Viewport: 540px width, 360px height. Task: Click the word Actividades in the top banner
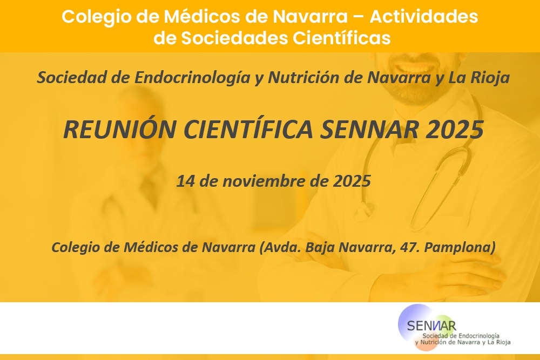(423, 16)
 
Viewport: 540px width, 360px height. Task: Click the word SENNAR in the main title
(369, 130)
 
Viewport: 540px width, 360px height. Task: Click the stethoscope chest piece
(366, 208)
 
